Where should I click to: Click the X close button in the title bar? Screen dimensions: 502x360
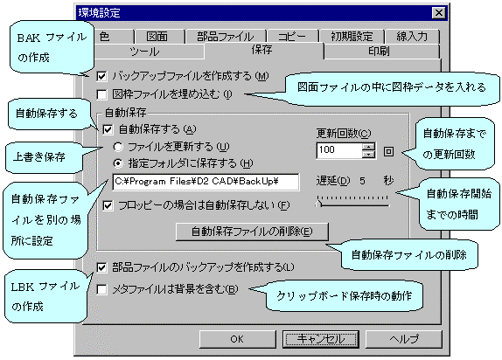[x=439, y=13]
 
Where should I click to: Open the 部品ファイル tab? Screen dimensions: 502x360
[x=225, y=37]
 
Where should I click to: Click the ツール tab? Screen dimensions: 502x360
[x=146, y=52]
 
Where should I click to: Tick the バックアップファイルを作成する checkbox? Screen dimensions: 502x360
[x=101, y=76]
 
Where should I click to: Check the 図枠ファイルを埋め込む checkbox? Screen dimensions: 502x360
[x=101, y=94]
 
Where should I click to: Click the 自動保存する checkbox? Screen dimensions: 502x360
[x=108, y=129]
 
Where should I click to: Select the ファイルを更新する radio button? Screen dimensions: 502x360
[x=118, y=147]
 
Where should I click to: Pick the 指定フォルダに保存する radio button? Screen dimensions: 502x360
[x=118, y=163]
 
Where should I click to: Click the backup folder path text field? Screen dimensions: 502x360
[x=206, y=182]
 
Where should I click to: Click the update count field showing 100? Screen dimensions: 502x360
[x=339, y=150]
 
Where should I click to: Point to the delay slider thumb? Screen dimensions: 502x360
[x=319, y=204]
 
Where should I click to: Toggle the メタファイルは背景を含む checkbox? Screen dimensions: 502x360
[x=101, y=289]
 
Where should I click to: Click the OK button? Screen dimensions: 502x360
[x=237, y=339]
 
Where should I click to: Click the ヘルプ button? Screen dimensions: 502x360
[x=404, y=339]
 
